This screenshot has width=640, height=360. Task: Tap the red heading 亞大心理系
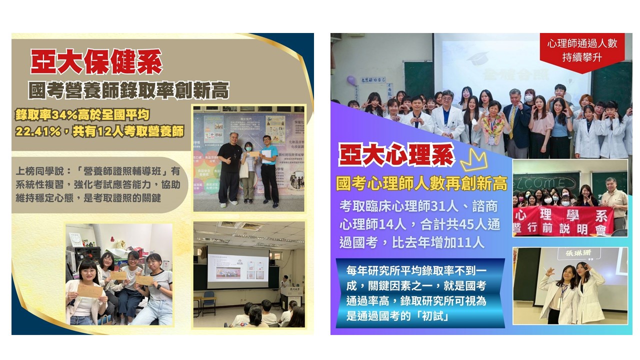coord(396,155)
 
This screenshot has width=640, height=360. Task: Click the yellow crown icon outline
coord(473,161)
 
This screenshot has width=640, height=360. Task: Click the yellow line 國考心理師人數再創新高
coord(422,183)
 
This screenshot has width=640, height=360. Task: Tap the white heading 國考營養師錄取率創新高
coord(129,91)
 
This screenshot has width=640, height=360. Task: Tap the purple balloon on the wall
coord(351,80)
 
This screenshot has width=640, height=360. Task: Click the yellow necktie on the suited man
coord(511,121)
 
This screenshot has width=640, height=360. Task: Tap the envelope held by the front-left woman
coord(90,290)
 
